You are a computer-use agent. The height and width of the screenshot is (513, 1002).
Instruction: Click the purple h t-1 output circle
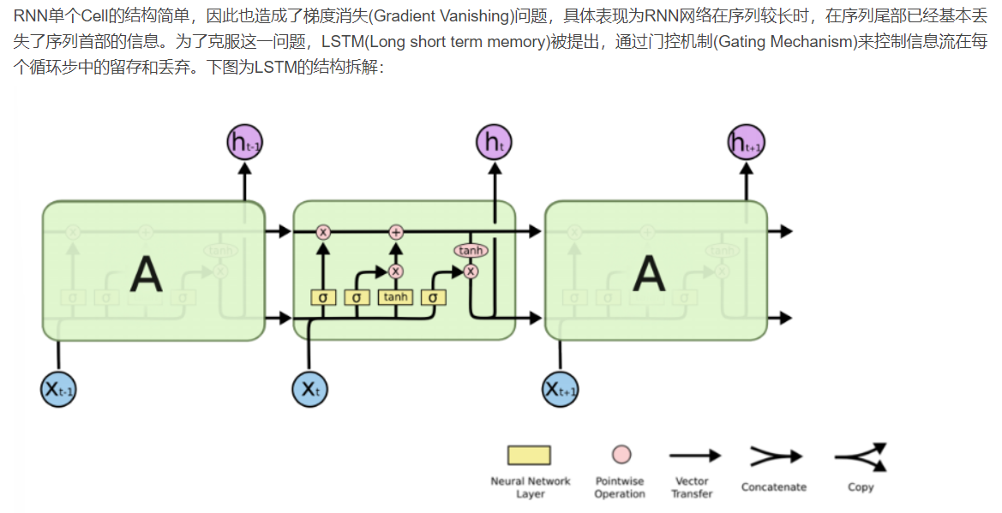[244, 142]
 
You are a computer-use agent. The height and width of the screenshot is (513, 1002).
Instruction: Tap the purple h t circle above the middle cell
[495, 142]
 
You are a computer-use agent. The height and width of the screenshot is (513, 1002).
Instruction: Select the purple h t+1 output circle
[746, 142]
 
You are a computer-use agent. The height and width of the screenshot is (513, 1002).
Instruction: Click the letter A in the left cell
[147, 275]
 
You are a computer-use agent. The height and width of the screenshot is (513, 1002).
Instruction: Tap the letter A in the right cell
[649, 275]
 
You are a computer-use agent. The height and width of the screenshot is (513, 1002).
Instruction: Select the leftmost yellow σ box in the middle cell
[323, 297]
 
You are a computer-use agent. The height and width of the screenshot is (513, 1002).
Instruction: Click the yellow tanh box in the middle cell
[396, 297]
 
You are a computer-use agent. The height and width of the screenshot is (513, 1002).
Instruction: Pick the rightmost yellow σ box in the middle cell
[434, 297]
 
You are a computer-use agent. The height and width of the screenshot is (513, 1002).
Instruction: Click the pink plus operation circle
[396, 231]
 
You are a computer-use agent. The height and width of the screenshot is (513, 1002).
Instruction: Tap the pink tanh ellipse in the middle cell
[471, 251]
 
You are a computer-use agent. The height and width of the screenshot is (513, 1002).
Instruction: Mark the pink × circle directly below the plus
[396, 271]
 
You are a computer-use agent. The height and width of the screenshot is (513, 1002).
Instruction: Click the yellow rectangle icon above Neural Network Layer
[529, 455]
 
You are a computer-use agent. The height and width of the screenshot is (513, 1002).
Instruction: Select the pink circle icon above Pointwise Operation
[621, 455]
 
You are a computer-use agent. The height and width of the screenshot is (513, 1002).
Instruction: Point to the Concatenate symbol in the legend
[775, 457]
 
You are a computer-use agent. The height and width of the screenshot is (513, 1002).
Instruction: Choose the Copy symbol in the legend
[861, 457]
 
